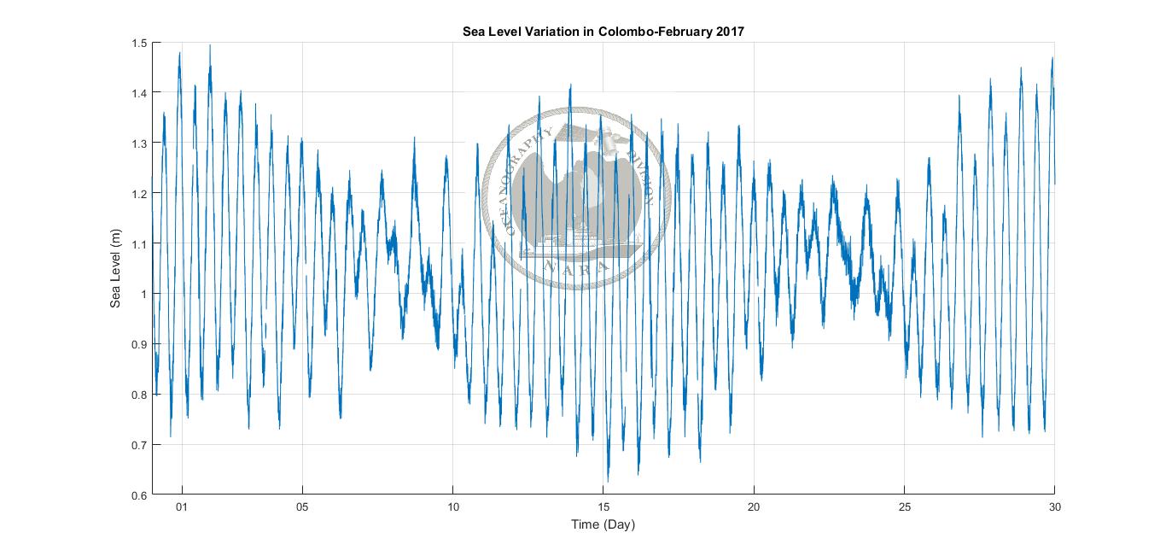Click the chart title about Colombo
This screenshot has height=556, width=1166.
[x=603, y=32]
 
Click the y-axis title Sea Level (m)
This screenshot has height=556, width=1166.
[x=116, y=269]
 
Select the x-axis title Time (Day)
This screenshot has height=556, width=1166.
[x=603, y=524]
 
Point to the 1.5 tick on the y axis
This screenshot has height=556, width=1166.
[x=139, y=43]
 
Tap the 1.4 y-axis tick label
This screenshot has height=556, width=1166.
[x=139, y=93]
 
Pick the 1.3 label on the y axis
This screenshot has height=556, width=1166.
[x=139, y=143]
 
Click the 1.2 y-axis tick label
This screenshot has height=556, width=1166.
[x=139, y=194]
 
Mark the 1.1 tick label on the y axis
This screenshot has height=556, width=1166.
[x=139, y=244]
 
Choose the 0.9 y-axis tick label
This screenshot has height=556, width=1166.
[x=139, y=344]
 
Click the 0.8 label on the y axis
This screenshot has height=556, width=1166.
[x=139, y=395]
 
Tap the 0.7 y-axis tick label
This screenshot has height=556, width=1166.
[x=139, y=445]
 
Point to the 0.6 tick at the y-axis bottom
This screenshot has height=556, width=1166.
[x=139, y=495]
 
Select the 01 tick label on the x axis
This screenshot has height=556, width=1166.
[x=181, y=507]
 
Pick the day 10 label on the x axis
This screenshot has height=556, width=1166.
[x=452, y=507]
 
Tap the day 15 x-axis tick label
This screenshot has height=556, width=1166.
[x=603, y=507]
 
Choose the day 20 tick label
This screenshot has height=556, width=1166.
[x=754, y=507]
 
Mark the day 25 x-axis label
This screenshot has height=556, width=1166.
[x=905, y=507]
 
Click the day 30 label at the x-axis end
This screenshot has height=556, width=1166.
[x=1055, y=507]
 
